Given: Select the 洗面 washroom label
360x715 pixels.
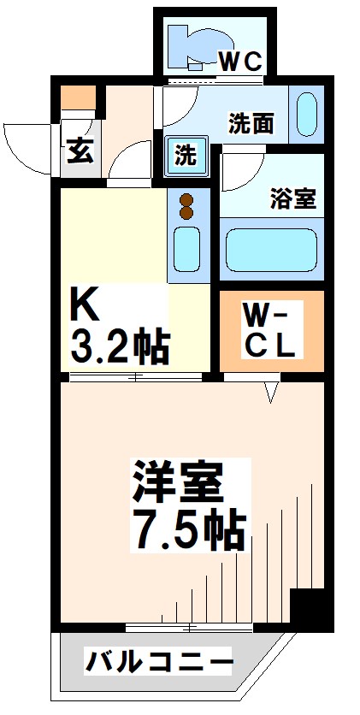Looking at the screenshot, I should coord(251,125).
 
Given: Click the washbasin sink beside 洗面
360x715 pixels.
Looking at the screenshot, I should coord(305,115).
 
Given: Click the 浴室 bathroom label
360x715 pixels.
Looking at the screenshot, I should coord(293,200).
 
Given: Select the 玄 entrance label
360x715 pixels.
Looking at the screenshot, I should coord(80,155).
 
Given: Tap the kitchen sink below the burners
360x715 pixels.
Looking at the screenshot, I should coord(187,246).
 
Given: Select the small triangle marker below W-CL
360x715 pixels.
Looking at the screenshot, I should coord(272,393).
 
